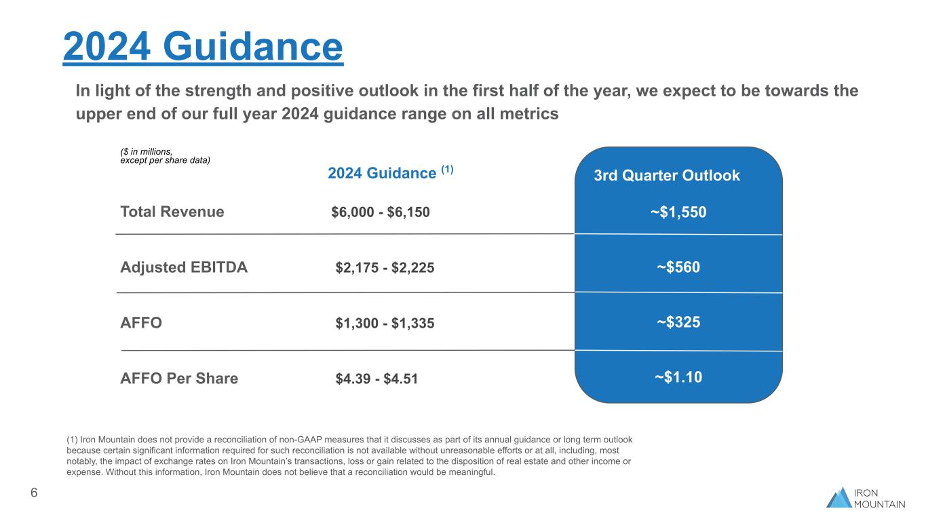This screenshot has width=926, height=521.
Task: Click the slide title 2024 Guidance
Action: (203, 46)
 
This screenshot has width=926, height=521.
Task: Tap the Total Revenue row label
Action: (172, 212)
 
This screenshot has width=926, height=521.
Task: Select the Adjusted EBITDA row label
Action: (184, 267)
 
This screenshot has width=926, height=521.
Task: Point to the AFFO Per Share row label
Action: (179, 379)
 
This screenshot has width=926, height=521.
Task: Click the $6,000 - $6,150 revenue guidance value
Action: (381, 212)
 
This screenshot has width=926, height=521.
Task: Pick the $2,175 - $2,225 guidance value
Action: (385, 268)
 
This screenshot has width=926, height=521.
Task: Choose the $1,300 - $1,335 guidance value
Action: (385, 324)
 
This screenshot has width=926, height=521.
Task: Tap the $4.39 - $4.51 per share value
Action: (377, 379)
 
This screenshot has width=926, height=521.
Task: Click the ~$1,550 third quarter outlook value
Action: (678, 212)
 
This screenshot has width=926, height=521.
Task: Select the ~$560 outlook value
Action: (678, 268)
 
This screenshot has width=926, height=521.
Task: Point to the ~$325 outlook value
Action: (678, 323)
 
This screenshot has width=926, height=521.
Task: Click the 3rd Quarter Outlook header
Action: (667, 176)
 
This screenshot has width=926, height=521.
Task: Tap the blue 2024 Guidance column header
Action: (381, 174)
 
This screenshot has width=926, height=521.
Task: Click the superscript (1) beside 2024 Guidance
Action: (447, 170)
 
